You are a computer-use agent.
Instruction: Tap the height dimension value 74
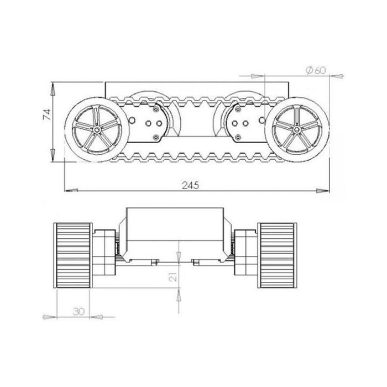click(47, 115)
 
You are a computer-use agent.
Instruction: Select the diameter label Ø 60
click(315, 70)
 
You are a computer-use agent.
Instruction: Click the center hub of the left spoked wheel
click(97, 129)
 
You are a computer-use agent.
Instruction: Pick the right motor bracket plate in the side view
click(240, 121)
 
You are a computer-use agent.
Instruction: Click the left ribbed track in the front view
click(72, 254)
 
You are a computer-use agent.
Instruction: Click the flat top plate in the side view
click(196, 87)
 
